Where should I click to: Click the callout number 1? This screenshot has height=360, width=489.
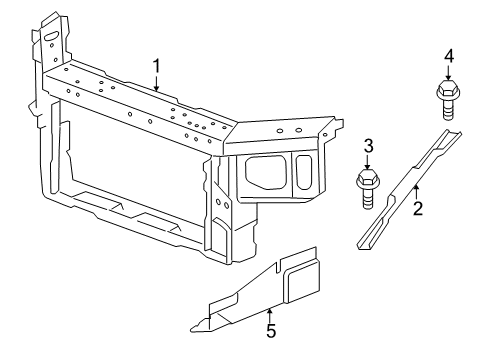156,66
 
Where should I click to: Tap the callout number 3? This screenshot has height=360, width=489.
368,146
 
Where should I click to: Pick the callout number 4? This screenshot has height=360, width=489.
448,56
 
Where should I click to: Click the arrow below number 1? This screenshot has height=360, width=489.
156,82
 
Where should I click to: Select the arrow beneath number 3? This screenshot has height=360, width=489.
368,163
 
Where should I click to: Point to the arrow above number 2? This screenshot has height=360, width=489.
418,192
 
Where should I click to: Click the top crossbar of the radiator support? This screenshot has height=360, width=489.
140,100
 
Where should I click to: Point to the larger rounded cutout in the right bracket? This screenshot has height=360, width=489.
265,170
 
